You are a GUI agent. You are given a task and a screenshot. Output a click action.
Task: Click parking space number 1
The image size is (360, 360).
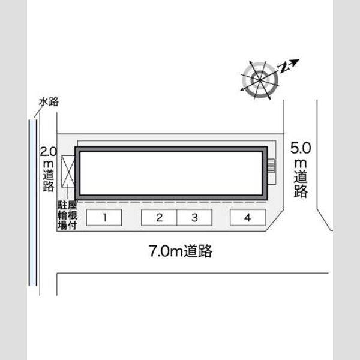(104, 217)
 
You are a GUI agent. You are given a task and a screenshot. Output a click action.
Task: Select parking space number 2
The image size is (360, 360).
(159, 217)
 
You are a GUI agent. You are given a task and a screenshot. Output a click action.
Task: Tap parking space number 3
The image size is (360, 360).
(194, 217)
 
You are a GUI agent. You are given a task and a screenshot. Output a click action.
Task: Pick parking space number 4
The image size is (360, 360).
(248, 217)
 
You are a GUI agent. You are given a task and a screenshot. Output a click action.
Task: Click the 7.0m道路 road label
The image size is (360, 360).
(181, 251)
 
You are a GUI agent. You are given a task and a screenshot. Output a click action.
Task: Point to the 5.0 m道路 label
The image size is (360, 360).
(301, 169)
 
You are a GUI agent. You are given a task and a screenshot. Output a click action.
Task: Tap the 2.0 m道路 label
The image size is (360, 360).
(49, 169)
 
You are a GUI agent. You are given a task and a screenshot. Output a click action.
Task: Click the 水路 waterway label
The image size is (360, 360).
(49, 102)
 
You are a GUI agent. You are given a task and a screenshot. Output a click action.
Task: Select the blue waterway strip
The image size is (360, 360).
(33, 203)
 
